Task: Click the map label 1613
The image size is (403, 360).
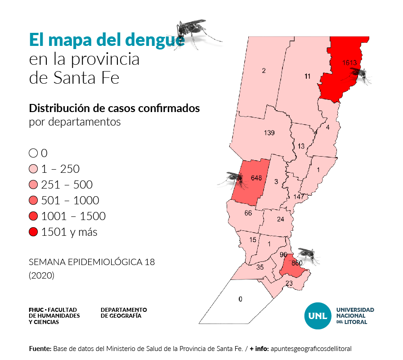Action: click(x=349, y=62)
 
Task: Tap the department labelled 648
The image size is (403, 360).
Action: click(x=256, y=178)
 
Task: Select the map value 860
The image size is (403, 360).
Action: click(x=297, y=263)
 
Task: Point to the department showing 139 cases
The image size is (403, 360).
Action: click(x=269, y=133)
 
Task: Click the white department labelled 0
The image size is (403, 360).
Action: click(x=240, y=299)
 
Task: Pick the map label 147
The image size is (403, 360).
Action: click(x=299, y=197)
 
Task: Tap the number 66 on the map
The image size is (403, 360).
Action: click(x=248, y=213)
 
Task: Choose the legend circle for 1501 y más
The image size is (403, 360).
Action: click(x=33, y=232)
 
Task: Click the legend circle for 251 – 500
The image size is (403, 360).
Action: click(x=33, y=185)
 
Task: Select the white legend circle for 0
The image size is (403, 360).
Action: click(x=33, y=153)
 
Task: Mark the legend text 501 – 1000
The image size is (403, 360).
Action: click(x=70, y=201)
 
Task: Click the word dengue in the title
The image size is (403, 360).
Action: click(x=155, y=40)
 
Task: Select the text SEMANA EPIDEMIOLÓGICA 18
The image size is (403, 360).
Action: click(x=92, y=262)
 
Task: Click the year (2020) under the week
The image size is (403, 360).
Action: click(x=42, y=275)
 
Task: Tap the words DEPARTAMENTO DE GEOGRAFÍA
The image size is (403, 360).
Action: click(x=124, y=313)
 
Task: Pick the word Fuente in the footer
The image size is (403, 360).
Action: click(x=40, y=349)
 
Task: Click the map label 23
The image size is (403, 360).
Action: click(x=289, y=283)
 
